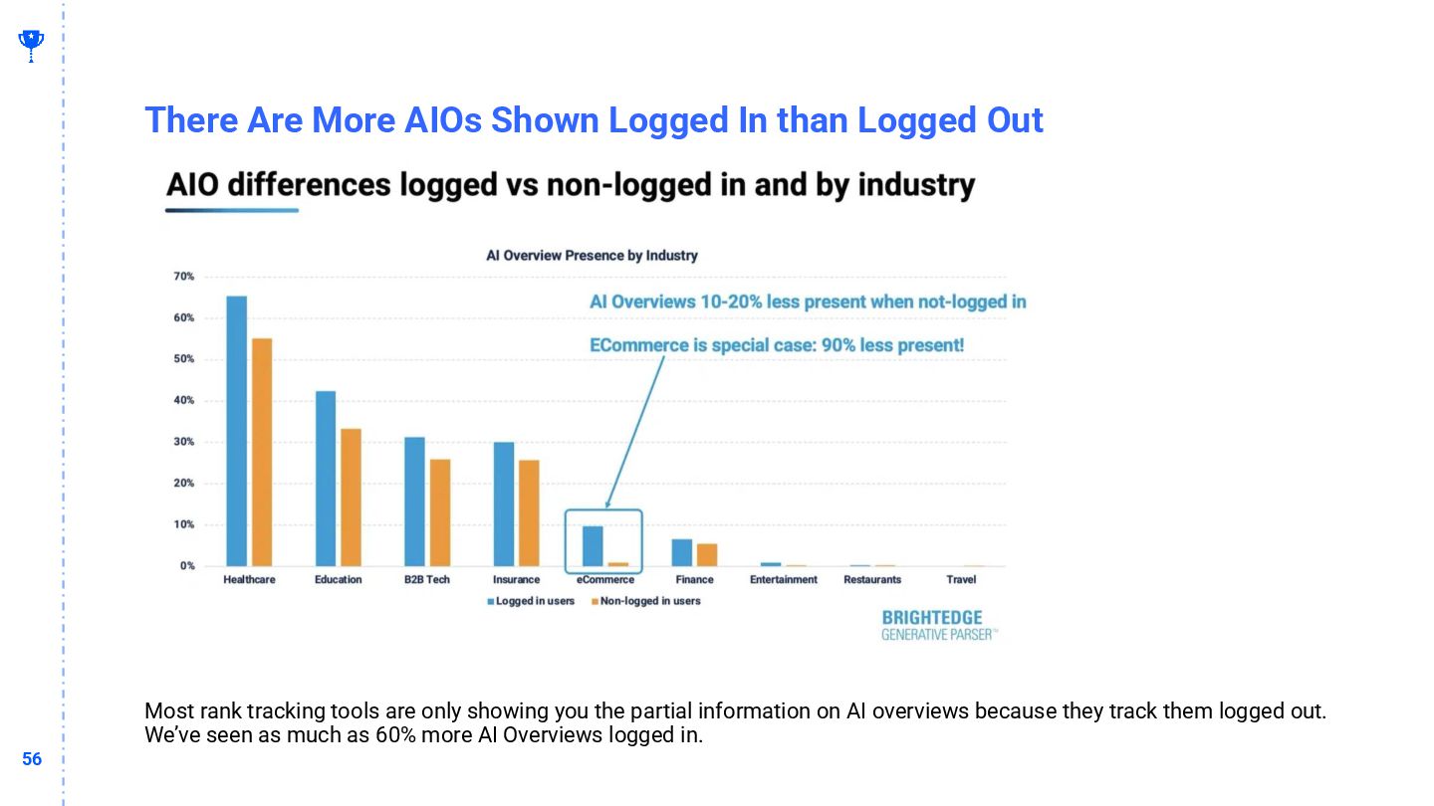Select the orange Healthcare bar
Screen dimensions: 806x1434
click(262, 452)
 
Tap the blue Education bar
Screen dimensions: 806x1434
click(326, 479)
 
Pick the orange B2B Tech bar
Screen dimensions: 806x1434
click(440, 512)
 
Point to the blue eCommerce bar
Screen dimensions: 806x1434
click(593, 545)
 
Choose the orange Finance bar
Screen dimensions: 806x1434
click(707, 554)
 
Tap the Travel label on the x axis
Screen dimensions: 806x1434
click(961, 579)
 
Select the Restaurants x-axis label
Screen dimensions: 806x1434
click(872, 579)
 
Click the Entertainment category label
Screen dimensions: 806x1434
click(784, 579)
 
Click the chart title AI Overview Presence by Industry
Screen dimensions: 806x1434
click(592, 256)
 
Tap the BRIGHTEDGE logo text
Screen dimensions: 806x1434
click(932, 618)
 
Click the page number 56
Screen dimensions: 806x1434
click(32, 759)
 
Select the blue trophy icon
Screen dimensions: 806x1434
click(31, 43)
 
